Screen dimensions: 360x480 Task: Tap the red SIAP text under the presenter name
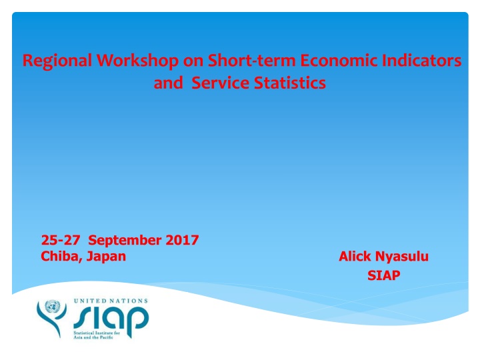coord(383,275)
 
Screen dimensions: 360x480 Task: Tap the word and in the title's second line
coord(167,85)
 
